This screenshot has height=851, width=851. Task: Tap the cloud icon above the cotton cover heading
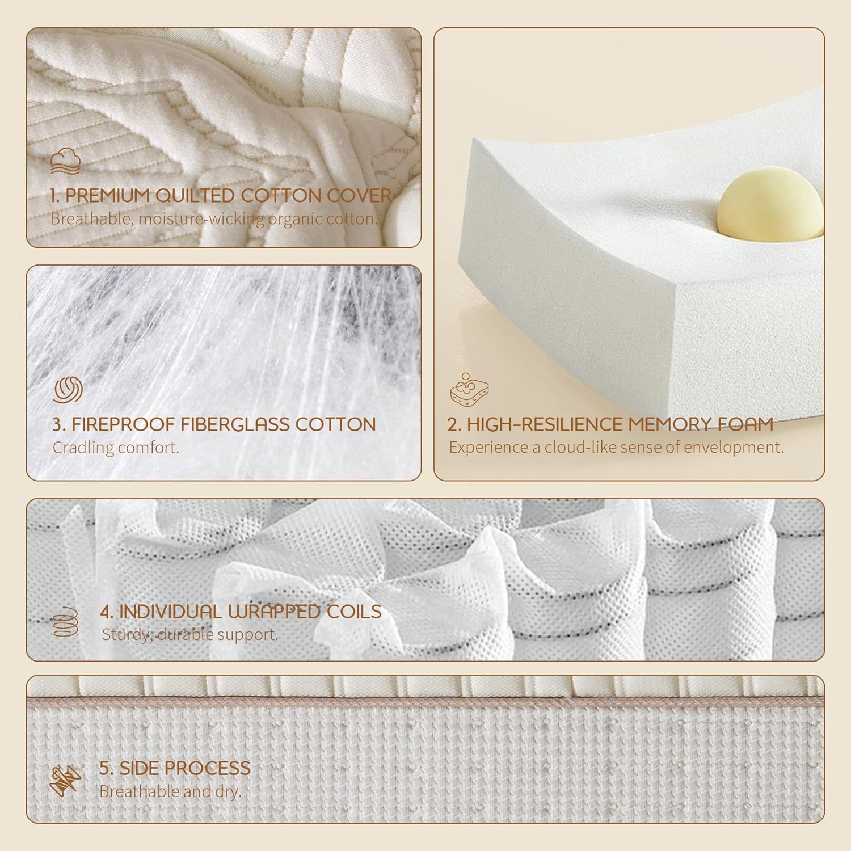65,161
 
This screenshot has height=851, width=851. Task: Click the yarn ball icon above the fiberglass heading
68,390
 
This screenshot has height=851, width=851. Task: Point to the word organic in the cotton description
294,220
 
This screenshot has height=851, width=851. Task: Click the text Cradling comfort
116,448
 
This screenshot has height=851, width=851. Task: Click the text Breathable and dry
170,791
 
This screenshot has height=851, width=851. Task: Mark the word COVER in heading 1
360,196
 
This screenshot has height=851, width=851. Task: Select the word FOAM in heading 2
740,424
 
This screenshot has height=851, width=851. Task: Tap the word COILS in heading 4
354,612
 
